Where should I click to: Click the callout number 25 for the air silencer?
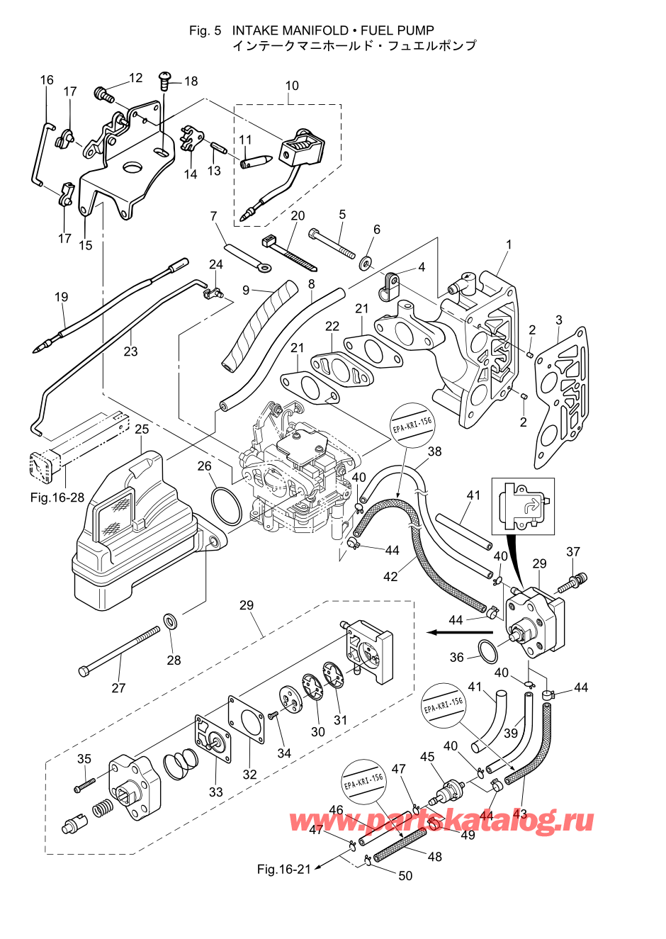(x=142, y=429)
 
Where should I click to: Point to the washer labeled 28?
(x=171, y=620)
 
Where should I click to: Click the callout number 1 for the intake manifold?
(x=509, y=244)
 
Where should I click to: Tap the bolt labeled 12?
(x=104, y=95)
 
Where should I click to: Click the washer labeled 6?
(x=366, y=263)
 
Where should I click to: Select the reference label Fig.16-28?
(x=57, y=497)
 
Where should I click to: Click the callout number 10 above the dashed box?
(x=292, y=86)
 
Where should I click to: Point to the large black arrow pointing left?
(x=459, y=631)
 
